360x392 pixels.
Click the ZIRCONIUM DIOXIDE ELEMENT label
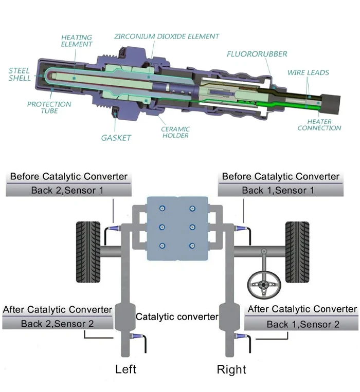point(167,36)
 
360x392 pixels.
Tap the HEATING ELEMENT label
point(77,41)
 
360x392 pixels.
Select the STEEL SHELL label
point(20,74)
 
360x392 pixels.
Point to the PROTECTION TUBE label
point(49,107)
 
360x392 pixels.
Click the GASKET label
point(116,138)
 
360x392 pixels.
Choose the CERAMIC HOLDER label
point(175,132)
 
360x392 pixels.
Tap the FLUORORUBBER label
point(257,53)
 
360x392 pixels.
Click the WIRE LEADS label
point(308,72)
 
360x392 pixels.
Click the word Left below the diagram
point(125,369)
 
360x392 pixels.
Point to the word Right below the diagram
point(231,369)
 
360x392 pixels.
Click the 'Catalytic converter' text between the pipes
point(176,317)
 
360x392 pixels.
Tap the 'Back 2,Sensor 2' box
point(57,323)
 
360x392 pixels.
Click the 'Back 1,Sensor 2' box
point(302,324)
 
